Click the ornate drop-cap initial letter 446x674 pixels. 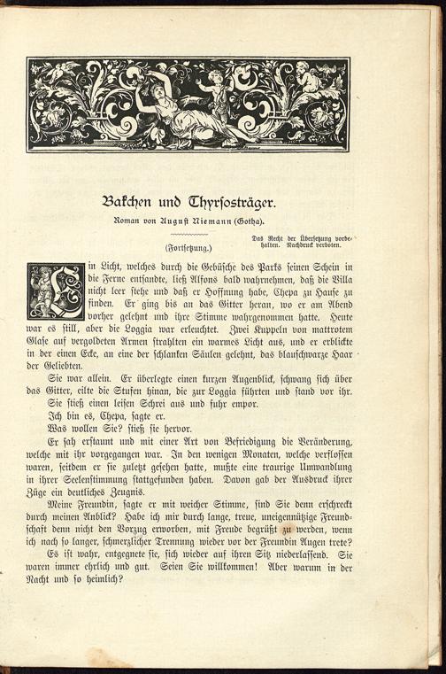[x=56, y=290]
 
